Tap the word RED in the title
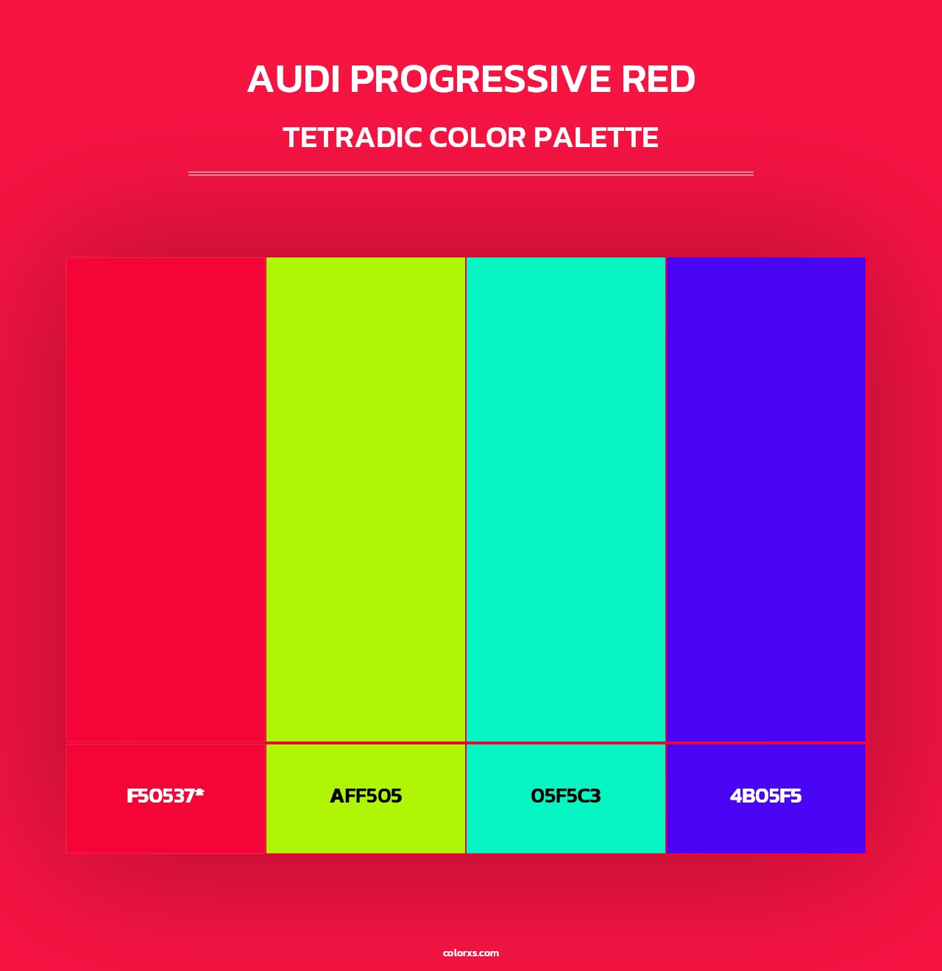(658, 79)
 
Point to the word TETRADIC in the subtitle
(352, 138)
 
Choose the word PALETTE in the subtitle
(595, 138)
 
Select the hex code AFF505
(366, 796)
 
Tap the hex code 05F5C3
(566, 796)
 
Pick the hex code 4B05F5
(765, 796)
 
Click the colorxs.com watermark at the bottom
(471, 953)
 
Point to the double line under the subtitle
(471, 174)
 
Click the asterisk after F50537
(199, 792)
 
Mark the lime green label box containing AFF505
(366, 831)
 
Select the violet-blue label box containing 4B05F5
(765, 831)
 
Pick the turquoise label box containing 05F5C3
(566, 831)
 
